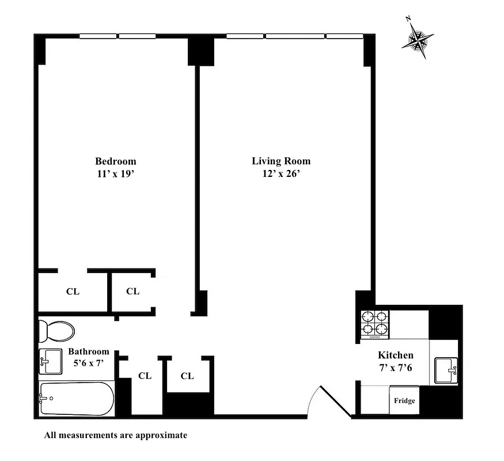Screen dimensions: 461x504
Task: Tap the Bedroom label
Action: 116,161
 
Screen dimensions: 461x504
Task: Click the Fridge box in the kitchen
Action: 404,400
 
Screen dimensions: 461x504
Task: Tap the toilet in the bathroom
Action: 56,331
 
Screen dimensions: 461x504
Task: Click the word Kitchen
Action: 395,356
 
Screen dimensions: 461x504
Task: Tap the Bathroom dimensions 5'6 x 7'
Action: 89,363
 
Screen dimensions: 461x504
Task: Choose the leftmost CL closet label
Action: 73,292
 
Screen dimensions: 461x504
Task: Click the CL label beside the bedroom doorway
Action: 132,292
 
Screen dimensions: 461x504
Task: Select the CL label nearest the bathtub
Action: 145,376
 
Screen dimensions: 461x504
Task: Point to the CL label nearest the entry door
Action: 187,376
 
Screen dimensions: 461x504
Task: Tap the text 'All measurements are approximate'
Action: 116,435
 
